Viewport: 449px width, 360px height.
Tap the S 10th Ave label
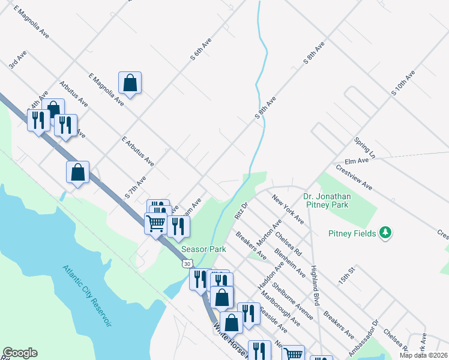(403, 83)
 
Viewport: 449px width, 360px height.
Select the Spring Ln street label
(364, 147)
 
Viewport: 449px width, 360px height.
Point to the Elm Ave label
(356, 161)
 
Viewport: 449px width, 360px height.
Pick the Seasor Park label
(203, 248)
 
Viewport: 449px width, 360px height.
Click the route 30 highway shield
(188, 263)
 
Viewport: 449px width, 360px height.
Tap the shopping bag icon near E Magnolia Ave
(130, 83)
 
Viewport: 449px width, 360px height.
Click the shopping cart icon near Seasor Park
(155, 223)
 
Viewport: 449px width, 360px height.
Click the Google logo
(20, 353)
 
